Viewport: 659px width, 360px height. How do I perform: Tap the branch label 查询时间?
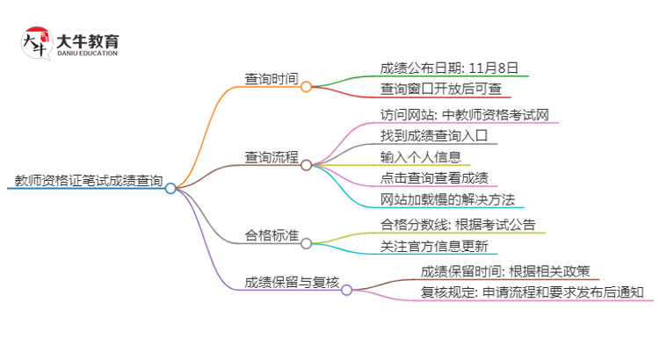tap(272, 80)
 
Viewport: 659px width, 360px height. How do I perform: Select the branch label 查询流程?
tap(272, 158)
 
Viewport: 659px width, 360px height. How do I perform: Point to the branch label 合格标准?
tap(272, 236)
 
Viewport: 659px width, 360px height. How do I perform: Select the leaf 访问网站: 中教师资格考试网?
tap(465, 114)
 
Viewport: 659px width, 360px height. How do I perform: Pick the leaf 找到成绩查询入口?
tap(433, 136)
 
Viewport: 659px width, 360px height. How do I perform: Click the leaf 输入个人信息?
tap(421, 157)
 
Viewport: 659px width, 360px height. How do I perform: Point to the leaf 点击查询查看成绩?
tap(433, 179)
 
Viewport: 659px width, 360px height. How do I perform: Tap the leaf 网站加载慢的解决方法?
tap(447, 201)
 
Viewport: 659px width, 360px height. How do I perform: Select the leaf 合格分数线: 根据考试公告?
tap(458, 224)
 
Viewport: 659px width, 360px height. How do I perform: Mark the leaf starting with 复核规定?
tap(532, 292)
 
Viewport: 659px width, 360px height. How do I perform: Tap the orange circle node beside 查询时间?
tap(306, 86)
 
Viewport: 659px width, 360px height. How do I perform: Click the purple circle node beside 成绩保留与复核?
tap(346, 289)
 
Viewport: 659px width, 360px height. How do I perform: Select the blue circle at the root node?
tap(170, 188)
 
